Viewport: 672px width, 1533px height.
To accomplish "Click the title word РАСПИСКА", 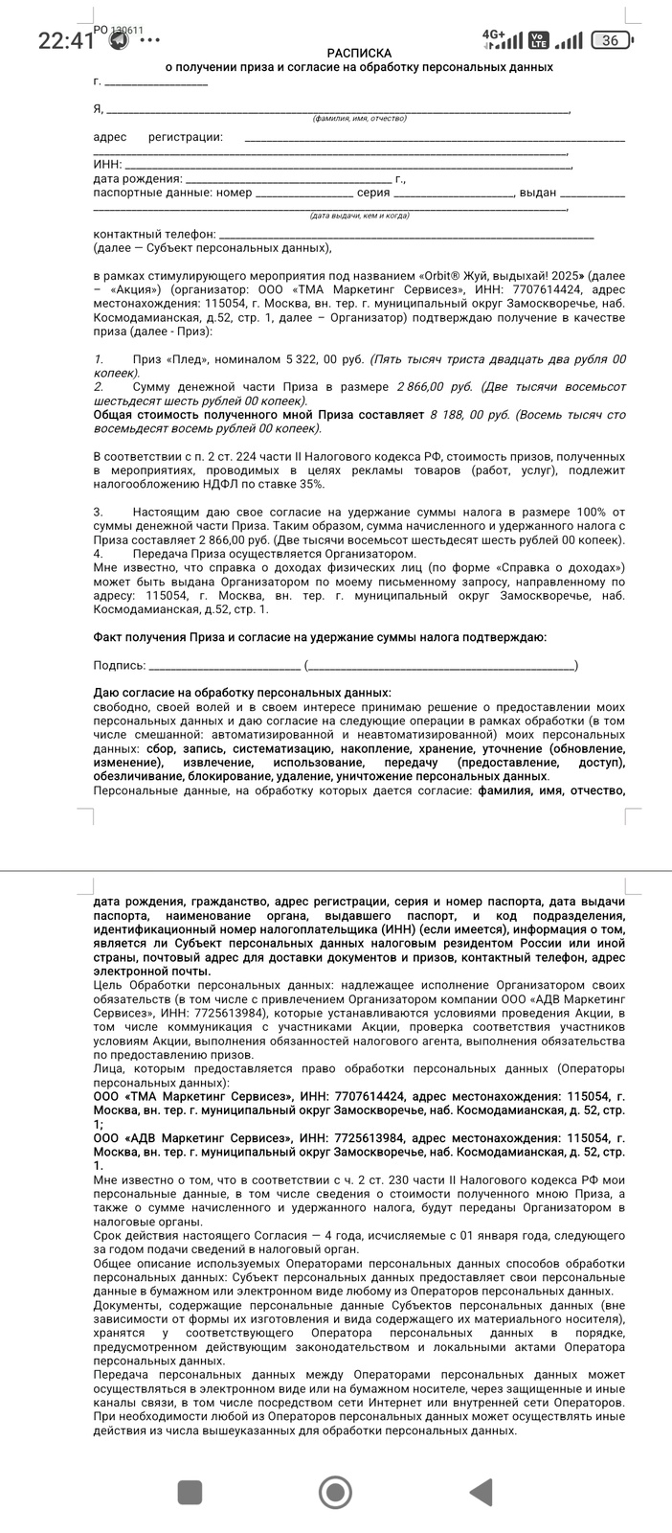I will [x=359, y=53].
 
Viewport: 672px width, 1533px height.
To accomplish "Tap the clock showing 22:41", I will [x=66, y=40].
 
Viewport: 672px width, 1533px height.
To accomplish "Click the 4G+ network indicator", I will [x=494, y=34].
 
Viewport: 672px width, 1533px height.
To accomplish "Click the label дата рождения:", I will [x=138, y=178].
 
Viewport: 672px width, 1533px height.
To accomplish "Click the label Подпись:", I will [x=120, y=665].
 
